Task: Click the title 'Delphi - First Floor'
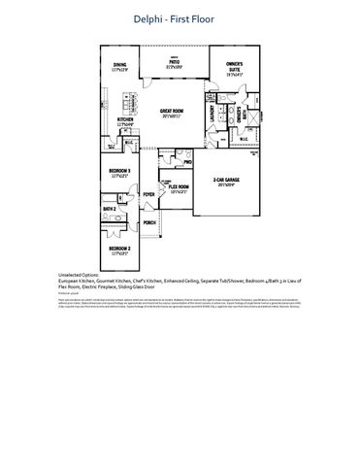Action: pyautogui.click(x=180, y=18)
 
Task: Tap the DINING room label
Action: pyautogui.click(x=120, y=66)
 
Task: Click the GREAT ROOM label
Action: pyautogui.click(x=174, y=113)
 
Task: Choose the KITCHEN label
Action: pyautogui.click(x=122, y=121)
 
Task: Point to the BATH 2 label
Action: pyautogui.click(x=110, y=209)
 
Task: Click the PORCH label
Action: pyautogui.click(x=149, y=222)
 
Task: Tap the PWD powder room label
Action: pyautogui.click(x=185, y=162)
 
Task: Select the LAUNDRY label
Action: pyautogui.click(x=211, y=113)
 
